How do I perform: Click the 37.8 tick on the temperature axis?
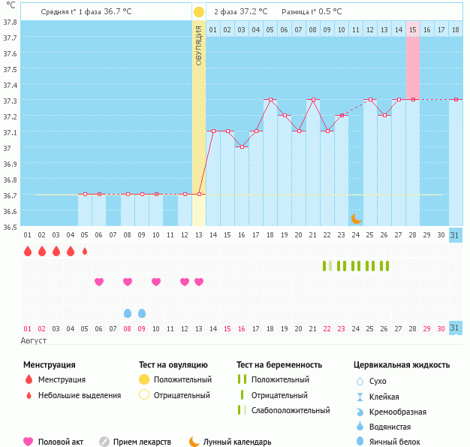(x=11, y=22)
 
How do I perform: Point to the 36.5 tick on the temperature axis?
(x=11, y=226)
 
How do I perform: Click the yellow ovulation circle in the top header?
(x=198, y=12)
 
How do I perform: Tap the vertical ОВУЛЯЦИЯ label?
(x=198, y=45)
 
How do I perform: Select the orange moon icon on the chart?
(x=357, y=218)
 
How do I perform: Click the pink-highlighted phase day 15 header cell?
(x=413, y=29)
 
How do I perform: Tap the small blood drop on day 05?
(x=85, y=251)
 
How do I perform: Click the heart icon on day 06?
(x=99, y=282)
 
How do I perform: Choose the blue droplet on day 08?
(x=128, y=313)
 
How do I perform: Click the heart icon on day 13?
(x=199, y=282)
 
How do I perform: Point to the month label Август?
(x=35, y=340)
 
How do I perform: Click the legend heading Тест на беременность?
(x=279, y=364)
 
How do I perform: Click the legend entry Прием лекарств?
(x=142, y=442)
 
